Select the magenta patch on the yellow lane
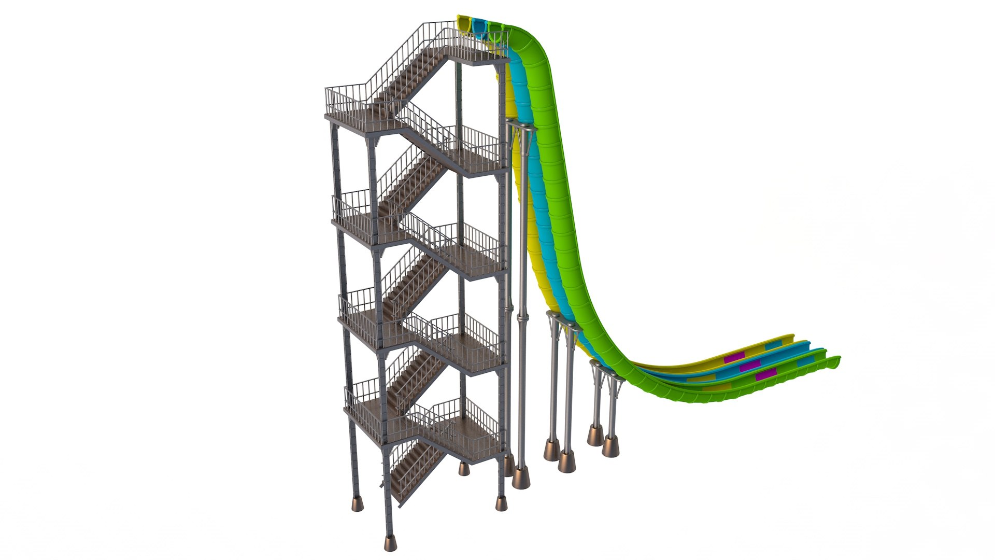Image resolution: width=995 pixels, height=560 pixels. (x=734, y=357)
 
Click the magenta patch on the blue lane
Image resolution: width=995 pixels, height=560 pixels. (x=750, y=366)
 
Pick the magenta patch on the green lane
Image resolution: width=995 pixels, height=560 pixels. (x=766, y=374)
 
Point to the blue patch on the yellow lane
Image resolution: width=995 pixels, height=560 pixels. (x=773, y=345)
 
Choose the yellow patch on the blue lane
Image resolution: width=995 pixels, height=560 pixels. (x=702, y=378)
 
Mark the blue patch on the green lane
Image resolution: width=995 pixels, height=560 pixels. (x=805, y=361)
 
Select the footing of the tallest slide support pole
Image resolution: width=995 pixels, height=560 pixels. (x=521, y=477)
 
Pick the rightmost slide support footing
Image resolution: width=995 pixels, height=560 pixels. (x=610, y=446)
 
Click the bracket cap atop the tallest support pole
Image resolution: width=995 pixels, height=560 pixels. (x=520, y=125)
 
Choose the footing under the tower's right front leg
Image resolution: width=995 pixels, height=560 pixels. (x=501, y=503)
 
